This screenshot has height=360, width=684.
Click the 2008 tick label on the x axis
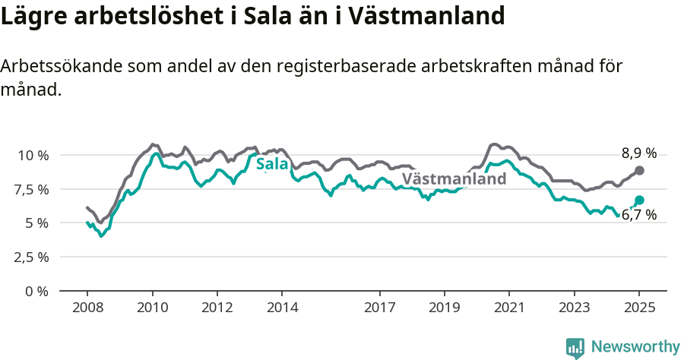tap(87, 308)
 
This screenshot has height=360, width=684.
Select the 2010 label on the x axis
tap(152, 308)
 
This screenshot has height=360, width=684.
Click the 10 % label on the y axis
tap(33, 155)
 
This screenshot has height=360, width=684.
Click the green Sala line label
tap(272, 165)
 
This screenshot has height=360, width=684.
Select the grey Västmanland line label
tap(454, 179)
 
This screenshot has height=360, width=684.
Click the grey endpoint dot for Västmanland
tap(639, 171)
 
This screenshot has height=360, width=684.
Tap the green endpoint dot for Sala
tap(639, 200)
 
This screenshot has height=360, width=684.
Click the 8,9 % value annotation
tap(638, 153)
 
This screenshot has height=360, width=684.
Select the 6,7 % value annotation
tap(638, 216)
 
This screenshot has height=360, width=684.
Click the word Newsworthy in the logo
tap(635, 347)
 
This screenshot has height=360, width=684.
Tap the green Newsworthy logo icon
tap(575, 348)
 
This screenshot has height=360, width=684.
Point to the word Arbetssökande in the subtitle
tap(59, 67)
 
